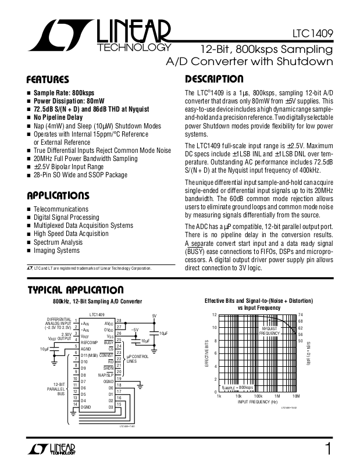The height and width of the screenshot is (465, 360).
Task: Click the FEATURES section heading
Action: point(48,80)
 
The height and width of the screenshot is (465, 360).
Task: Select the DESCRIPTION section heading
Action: point(213,80)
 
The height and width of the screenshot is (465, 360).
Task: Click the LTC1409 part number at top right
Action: point(313,34)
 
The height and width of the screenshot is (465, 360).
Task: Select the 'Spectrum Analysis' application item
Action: point(58,242)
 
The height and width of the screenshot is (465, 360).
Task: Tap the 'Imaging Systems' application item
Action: point(56,251)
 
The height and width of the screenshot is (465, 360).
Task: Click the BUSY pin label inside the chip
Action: point(109,342)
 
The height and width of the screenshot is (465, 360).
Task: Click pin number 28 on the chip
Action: point(119,321)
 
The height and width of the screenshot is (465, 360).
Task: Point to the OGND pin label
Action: point(108,381)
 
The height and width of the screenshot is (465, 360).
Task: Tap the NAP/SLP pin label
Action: point(106,375)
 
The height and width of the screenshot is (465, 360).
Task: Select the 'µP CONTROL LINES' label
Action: point(137,358)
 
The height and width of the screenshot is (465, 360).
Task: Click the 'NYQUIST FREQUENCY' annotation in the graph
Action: point(270,331)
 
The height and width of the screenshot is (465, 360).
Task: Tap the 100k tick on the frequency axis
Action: point(258,396)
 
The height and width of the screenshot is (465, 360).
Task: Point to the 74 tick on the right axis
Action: point(301,315)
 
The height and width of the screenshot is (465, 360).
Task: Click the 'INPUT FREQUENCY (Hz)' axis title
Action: point(258,402)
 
